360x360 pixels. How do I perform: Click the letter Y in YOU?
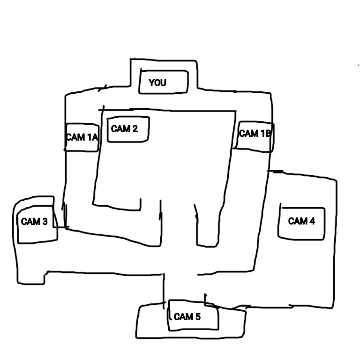click(152, 83)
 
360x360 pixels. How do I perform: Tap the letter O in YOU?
click(157, 83)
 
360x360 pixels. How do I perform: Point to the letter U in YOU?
click(163, 83)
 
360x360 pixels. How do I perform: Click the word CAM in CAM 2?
click(120, 128)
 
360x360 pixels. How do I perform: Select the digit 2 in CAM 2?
click(135, 128)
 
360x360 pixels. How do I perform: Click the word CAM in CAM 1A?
click(75, 137)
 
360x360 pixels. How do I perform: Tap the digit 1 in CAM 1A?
click(88, 137)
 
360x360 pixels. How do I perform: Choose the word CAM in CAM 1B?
click(248, 133)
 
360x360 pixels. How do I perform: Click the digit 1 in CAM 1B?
click(262, 133)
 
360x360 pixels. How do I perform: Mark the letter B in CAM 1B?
click(267, 133)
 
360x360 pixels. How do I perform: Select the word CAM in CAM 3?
click(30, 221)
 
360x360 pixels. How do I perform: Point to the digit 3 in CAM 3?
click(45, 221)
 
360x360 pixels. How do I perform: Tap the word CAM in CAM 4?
click(298, 221)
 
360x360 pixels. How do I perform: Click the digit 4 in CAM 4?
click(312, 221)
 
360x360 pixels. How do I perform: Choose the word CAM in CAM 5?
click(183, 317)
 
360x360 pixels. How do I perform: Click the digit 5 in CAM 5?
click(198, 317)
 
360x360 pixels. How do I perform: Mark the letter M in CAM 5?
click(189, 317)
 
